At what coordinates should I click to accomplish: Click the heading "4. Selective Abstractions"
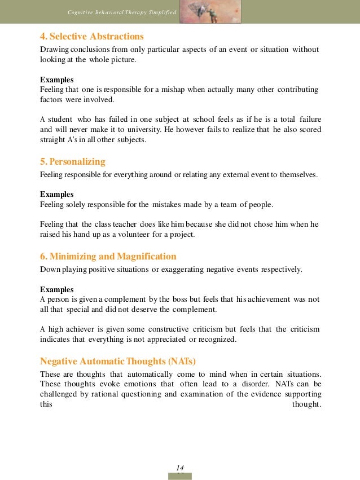pyautogui.click(x=91, y=37)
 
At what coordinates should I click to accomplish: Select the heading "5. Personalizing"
pyautogui.click(x=72, y=162)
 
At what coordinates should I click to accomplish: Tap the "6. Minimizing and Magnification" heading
pyautogui.click(x=108, y=256)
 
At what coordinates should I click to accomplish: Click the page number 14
pyautogui.click(x=180, y=468)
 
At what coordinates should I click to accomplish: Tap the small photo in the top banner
pyautogui.click(x=210, y=11)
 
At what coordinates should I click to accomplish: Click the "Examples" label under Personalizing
pyautogui.click(x=56, y=194)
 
